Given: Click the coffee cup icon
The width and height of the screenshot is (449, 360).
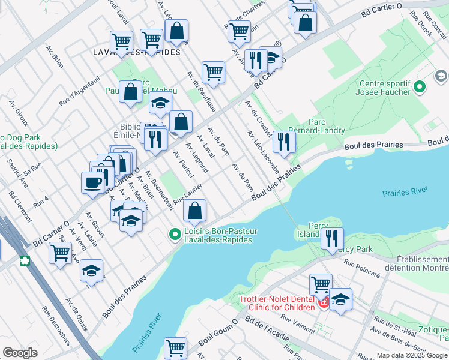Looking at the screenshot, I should pyautogui.click(x=92, y=182).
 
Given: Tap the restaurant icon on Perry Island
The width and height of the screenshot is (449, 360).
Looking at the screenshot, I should pyautogui.click(x=332, y=238).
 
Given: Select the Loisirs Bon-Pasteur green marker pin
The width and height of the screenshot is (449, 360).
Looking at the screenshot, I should pyautogui.click(x=175, y=234).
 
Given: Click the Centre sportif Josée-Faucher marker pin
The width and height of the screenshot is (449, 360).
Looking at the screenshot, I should pyautogui.click(x=421, y=88).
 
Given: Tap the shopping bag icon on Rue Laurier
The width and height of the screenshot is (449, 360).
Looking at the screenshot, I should pyautogui.click(x=194, y=211).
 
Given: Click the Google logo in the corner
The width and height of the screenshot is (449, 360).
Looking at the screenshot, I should pyautogui.click(x=20, y=352).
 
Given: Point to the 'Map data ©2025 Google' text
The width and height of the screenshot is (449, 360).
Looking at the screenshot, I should pyautogui.click(x=411, y=355).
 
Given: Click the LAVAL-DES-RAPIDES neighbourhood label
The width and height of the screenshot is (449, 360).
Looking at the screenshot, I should pyautogui.click(x=137, y=52).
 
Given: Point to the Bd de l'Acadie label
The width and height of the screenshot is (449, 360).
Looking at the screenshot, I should pyautogui.click(x=269, y=331).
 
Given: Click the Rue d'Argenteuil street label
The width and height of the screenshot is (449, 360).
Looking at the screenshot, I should pyautogui.click(x=79, y=91).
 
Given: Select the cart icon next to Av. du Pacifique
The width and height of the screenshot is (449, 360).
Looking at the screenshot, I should pyautogui.click(x=213, y=72).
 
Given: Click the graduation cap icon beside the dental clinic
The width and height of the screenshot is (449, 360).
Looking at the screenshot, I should pyautogui.click(x=340, y=299).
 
